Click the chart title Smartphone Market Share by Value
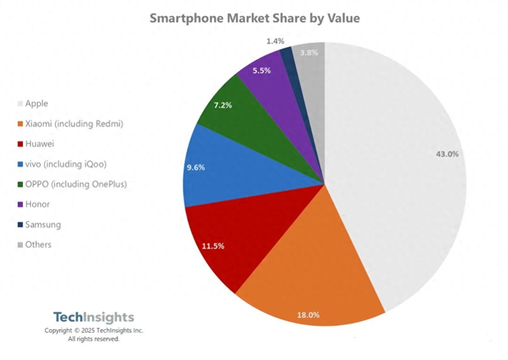(255, 18)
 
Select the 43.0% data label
(447, 154)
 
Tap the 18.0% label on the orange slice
(308, 315)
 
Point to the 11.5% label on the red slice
(213, 246)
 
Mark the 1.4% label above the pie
(275, 41)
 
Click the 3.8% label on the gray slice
(309, 53)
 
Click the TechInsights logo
(94, 317)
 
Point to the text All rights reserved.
(93, 339)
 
